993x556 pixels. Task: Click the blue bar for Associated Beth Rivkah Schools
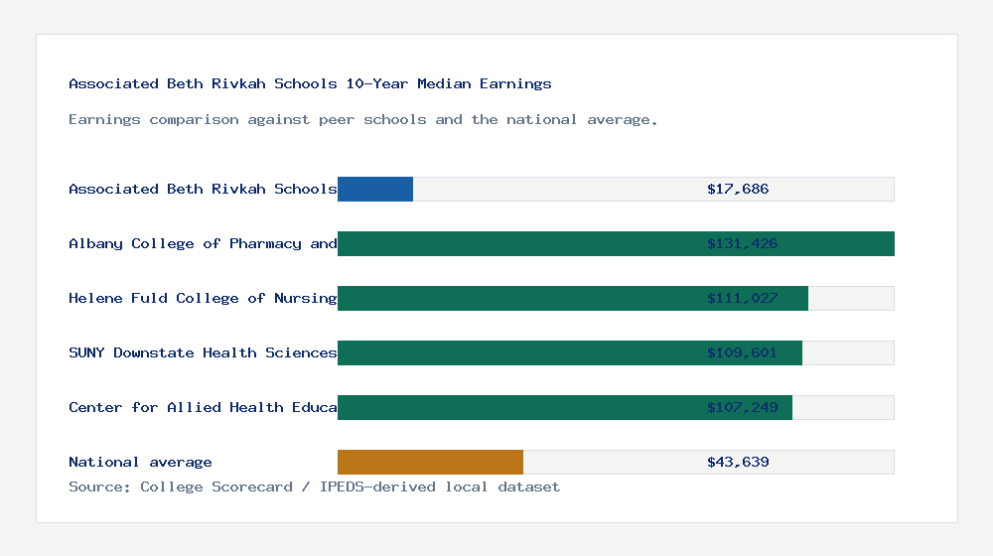375,189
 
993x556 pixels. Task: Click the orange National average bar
430,462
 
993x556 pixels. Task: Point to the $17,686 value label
738,189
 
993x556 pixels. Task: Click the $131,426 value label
742,243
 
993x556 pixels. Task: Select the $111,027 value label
742,298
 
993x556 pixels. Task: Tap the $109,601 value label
742,352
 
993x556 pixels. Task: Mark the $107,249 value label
742,407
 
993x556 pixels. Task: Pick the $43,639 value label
738,462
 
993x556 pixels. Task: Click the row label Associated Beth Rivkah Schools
203,189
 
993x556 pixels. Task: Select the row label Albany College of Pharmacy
203,243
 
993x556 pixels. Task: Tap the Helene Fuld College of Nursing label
203,298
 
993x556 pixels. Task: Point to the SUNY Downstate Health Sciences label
203,352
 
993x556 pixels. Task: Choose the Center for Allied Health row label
203,407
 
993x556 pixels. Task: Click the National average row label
140,462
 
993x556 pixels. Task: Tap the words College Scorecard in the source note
216,486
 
